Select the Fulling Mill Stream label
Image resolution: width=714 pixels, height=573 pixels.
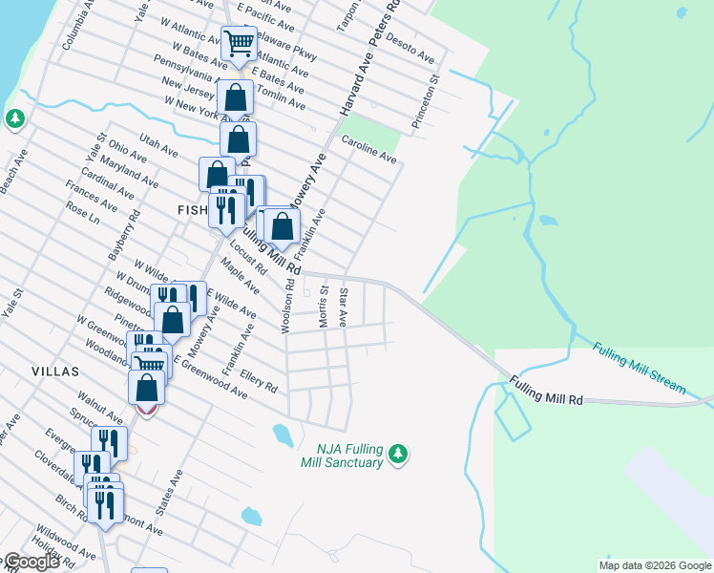(639, 368)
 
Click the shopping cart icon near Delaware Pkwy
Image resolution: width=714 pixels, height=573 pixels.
(239, 43)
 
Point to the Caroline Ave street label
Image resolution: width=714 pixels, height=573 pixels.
(369, 149)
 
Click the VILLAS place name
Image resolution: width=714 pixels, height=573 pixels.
(54, 371)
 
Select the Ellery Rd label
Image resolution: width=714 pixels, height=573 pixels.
(259, 381)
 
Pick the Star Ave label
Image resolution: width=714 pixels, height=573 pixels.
(344, 305)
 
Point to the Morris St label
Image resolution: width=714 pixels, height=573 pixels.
(324, 307)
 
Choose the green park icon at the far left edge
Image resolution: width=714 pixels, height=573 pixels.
(14, 118)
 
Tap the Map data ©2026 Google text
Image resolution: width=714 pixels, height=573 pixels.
(654, 565)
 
